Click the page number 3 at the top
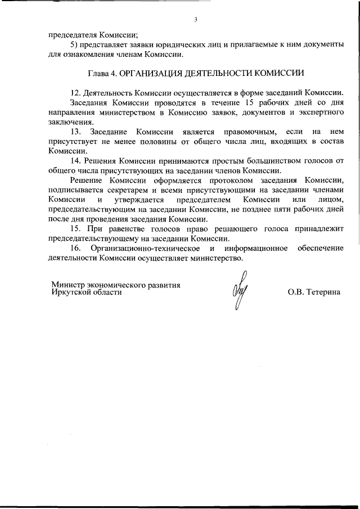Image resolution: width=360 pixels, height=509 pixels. [195, 20]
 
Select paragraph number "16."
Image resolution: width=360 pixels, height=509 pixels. [76, 248]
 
